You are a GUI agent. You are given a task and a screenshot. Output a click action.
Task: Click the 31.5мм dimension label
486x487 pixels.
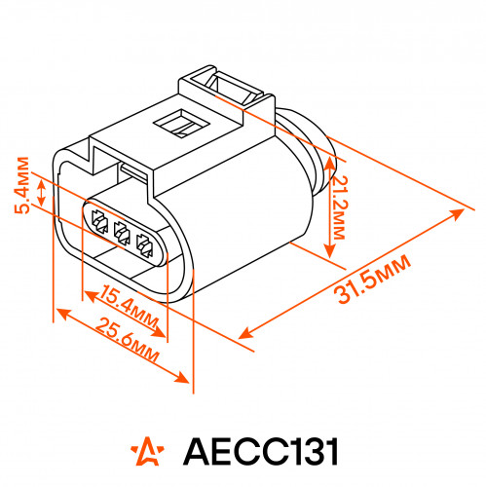click(x=373, y=280)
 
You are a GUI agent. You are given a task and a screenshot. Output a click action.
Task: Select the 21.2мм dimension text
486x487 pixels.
click(x=340, y=207)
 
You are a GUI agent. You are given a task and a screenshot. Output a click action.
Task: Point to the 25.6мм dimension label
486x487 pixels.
click(x=128, y=340)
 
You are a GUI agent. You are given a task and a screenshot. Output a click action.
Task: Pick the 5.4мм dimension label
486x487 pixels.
click(x=22, y=185)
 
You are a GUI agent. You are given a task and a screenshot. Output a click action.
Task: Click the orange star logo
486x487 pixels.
click(x=148, y=451)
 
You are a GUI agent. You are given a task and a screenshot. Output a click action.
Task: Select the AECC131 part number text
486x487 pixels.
click(x=261, y=451)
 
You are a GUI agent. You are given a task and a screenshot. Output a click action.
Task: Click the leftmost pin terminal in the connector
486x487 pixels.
click(x=99, y=222)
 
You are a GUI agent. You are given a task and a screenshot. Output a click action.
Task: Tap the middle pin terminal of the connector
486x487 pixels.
click(x=122, y=232)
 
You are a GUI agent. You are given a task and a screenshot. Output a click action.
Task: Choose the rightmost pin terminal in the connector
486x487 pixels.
click(x=144, y=245)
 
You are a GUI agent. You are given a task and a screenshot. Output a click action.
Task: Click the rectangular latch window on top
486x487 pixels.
click(x=181, y=124)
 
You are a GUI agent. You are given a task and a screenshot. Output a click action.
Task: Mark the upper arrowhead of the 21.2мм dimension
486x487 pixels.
click(x=330, y=164)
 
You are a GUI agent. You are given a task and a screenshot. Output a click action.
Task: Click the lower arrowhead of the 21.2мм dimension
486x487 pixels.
click(x=330, y=250)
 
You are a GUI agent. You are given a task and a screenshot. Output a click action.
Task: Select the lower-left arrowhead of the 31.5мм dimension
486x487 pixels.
click(x=246, y=333)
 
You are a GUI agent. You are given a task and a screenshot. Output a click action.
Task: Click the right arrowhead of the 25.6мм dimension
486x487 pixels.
click(x=181, y=377)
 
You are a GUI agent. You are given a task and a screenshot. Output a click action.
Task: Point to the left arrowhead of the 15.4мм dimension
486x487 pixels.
click(x=91, y=296)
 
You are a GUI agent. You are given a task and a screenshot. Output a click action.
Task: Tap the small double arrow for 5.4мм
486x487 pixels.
click(x=41, y=192)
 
